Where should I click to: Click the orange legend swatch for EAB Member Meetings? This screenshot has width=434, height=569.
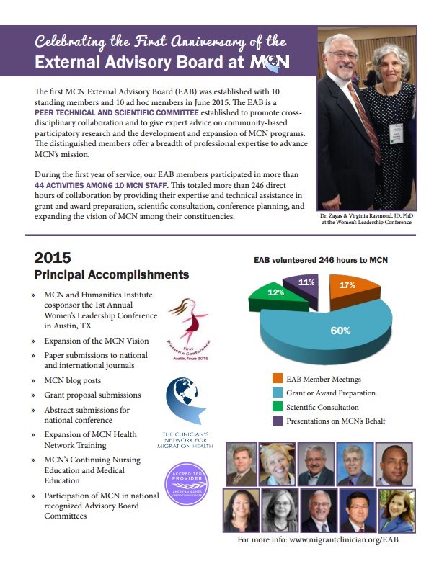point(278,378)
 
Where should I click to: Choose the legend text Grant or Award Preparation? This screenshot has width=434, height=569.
point(332,393)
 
